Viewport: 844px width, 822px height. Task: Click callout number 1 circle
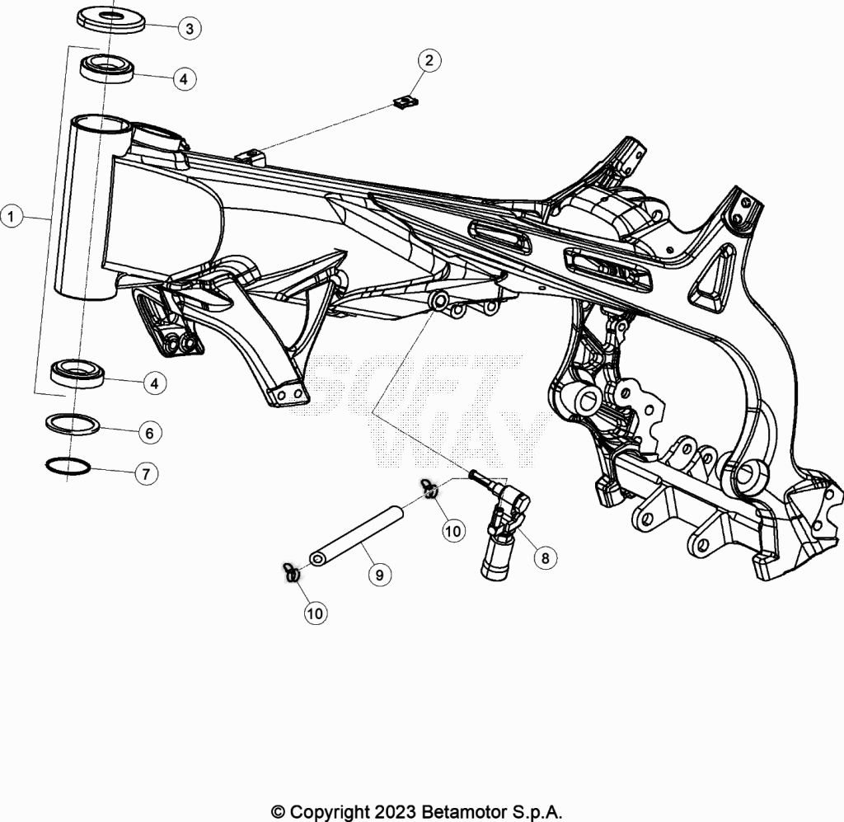tap(12, 216)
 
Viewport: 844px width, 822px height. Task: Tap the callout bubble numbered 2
tap(429, 60)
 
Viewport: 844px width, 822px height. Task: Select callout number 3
tap(190, 29)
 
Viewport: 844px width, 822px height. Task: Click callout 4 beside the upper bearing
tap(184, 79)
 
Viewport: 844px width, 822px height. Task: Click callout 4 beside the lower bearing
tap(155, 383)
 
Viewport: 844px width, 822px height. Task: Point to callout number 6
tap(150, 433)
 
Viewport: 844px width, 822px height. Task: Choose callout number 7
tap(147, 474)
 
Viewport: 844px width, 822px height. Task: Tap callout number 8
tap(546, 557)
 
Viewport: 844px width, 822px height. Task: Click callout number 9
tap(379, 575)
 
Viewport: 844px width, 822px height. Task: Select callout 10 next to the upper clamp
tap(453, 531)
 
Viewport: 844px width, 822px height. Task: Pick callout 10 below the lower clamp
tap(316, 613)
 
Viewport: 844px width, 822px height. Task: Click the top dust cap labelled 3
tap(111, 19)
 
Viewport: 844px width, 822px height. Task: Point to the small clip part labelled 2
tap(406, 101)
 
